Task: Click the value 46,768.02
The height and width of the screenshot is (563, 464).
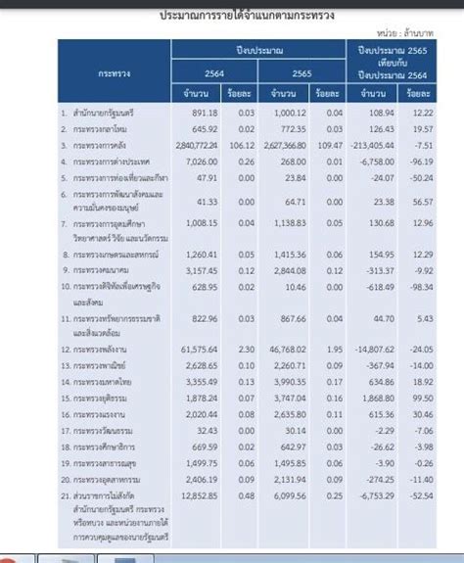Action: click(x=284, y=349)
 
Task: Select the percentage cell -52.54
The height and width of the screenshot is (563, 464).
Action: click(x=422, y=495)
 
